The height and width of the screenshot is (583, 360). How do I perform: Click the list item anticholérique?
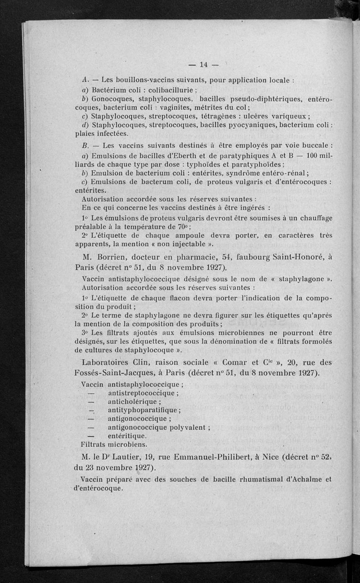click(134, 401)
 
